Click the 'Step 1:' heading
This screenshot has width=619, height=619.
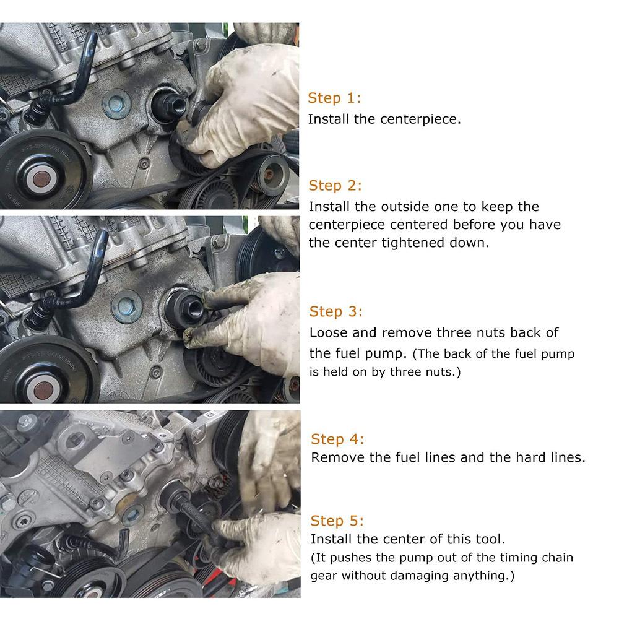click(x=334, y=98)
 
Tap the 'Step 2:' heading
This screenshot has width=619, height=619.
click(x=335, y=186)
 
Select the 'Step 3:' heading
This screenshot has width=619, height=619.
click(x=335, y=311)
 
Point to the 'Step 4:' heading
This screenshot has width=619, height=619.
click(x=337, y=439)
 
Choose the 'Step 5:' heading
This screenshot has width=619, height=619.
click(x=337, y=521)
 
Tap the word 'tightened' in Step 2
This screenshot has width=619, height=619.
click(x=413, y=243)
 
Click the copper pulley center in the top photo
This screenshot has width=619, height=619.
click(x=41, y=178)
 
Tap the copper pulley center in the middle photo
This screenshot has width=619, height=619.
click(x=43, y=390)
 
